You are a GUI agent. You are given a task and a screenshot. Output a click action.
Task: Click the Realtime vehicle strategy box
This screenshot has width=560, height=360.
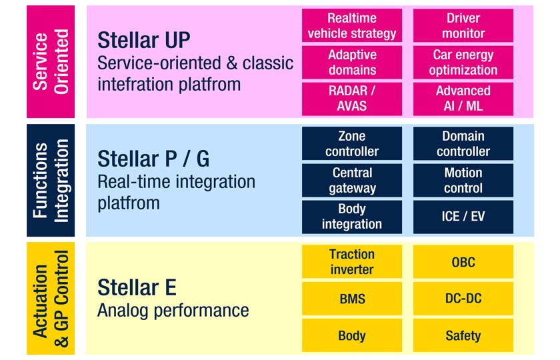click(352, 26)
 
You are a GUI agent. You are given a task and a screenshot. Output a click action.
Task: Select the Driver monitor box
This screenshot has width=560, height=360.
click(463, 26)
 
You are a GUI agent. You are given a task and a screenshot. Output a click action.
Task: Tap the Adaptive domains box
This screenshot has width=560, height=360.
click(352, 63)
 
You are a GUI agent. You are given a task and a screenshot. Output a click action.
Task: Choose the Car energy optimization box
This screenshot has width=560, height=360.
click(463, 63)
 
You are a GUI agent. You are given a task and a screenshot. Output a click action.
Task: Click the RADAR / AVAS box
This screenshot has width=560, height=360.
click(352, 99)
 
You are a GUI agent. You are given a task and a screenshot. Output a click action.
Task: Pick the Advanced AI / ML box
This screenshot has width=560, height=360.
click(463, 99)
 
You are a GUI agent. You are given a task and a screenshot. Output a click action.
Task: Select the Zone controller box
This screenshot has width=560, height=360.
click(352, 144)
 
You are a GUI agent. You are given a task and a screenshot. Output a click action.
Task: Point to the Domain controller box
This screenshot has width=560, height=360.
click(463, 144)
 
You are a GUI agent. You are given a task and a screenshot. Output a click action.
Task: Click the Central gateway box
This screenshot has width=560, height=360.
click(352, 181)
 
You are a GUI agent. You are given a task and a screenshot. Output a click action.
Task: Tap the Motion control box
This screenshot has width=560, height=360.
click(463, 181)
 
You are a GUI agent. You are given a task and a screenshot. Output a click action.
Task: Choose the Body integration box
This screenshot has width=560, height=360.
click(352, 217)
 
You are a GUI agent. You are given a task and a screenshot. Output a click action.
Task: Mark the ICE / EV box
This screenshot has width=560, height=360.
click(463, 217)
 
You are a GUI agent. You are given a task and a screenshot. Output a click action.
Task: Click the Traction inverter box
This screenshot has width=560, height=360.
click(352, 262)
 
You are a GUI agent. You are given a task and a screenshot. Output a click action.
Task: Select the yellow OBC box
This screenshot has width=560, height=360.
click(463, 262)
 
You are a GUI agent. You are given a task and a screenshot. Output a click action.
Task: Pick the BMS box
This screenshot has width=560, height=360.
click(352, 299)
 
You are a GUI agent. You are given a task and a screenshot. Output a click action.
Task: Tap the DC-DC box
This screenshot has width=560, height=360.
click(463, 299)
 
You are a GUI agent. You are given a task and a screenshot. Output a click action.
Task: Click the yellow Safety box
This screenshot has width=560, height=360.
click(463, 335)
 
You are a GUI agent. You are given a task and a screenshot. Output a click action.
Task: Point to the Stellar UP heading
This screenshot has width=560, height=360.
click(144, 40)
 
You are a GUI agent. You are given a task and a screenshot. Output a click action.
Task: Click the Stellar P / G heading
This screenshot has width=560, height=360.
click(153, 159)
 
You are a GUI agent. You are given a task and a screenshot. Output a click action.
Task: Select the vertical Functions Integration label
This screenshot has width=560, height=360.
click(51, 180)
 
